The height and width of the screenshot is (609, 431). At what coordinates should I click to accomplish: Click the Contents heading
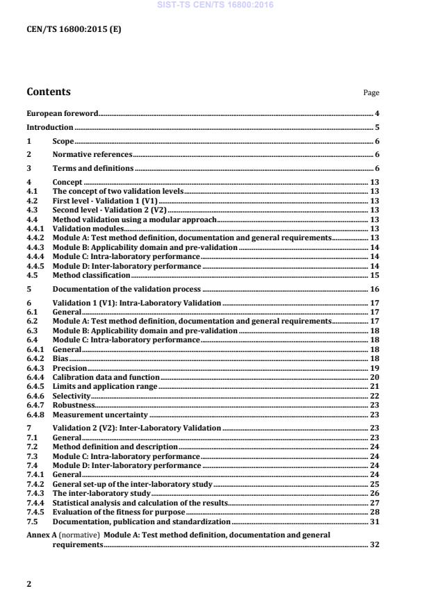tap(48, 92)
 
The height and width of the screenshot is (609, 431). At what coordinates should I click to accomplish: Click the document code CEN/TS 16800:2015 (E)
tap(74, 29)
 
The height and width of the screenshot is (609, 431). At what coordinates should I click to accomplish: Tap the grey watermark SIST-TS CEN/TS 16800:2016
tap(215, 5)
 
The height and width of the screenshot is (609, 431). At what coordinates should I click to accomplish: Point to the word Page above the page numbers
tap(372, 93)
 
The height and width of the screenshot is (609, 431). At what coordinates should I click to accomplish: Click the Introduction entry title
tap(49, 127)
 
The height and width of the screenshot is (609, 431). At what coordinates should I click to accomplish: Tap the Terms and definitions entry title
tap(93, 168)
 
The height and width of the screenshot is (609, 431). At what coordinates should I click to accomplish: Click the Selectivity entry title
tap(72, 396)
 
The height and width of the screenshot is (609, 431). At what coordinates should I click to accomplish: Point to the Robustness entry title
tap(73, 405)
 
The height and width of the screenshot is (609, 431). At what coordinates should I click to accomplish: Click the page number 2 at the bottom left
tap(29, 584)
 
